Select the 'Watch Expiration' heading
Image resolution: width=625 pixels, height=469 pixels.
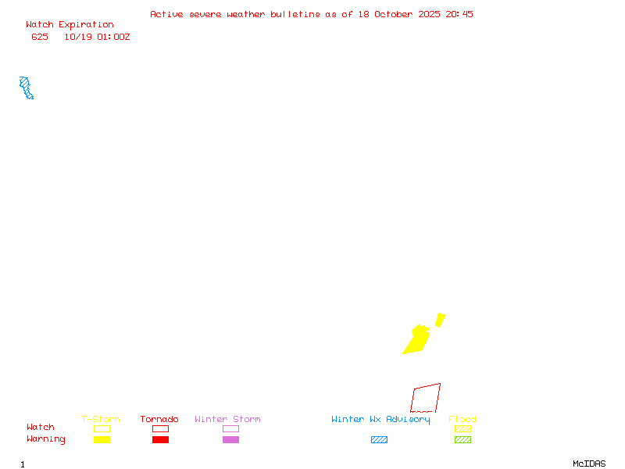tap(70, 25)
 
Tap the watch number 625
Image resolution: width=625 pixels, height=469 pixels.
tap(40, 37)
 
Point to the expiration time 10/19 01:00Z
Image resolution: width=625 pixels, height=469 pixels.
tap(97, 37)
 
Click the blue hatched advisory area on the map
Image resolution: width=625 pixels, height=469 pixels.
tap(27, 88)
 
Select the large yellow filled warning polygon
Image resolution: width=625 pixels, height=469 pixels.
tap(416, 340)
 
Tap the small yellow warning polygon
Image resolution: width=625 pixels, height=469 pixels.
tap(441, 319)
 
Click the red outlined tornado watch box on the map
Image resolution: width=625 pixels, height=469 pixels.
tap(426, 398)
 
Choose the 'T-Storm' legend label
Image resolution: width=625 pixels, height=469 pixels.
tap(101, 419)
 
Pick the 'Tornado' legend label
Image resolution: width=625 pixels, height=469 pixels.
tap(159, 419)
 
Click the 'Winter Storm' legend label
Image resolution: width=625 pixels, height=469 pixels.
tap(227, 419)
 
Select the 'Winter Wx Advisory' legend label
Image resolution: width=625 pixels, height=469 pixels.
tap(380, 419)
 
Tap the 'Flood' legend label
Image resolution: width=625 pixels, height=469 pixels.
tap(462, 419)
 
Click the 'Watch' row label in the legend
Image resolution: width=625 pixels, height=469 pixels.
tap(41, 428)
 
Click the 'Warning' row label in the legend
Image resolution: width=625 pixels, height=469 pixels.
tap(46, 439)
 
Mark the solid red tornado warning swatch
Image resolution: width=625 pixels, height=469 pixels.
tap(160, 440)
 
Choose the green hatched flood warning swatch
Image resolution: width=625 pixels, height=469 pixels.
tap(462, 440)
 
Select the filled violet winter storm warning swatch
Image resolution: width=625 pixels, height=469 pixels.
tap(230, 440)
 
